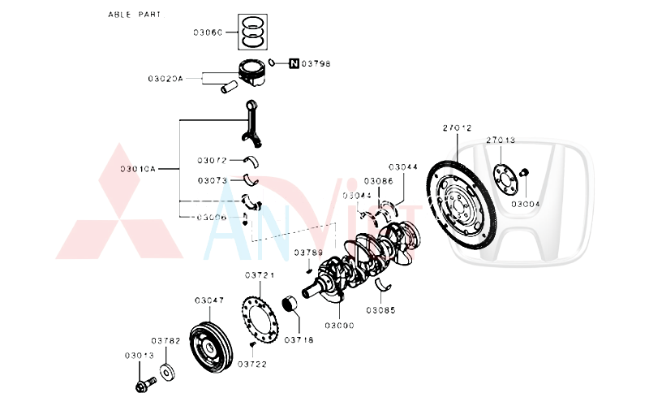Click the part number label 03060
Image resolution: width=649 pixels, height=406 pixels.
coord(208,32)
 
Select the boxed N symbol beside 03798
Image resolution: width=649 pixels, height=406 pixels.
coord(293,63)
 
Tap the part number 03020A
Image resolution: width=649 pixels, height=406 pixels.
coord(165,79)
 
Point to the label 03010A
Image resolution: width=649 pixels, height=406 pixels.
coord(137,169)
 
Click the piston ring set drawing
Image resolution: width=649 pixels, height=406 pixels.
coord(253,31)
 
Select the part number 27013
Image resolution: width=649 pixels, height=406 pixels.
coord(501,140)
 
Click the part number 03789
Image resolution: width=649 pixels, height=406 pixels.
coord(308,253)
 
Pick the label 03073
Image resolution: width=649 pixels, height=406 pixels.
coord(212,180)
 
